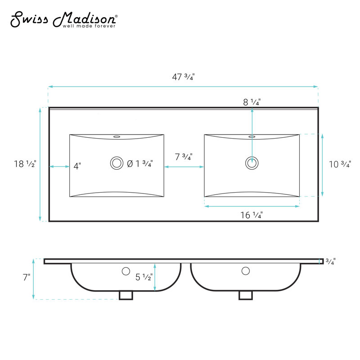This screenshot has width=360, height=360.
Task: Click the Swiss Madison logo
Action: point(64,19)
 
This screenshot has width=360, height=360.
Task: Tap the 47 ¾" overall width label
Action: point(183,77)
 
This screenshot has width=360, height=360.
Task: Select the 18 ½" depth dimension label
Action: point(25,164)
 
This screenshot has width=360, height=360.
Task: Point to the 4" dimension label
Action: point(77,166)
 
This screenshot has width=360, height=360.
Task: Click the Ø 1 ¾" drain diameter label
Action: point(140,164)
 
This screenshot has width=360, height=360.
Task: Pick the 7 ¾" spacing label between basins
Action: point(184,157)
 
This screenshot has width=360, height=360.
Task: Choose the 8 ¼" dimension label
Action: point(252,102)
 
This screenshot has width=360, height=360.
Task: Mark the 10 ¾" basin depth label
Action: point(340,164)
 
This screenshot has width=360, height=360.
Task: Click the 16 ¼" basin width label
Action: point(252,215)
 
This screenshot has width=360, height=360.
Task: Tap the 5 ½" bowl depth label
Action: point(144,277)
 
